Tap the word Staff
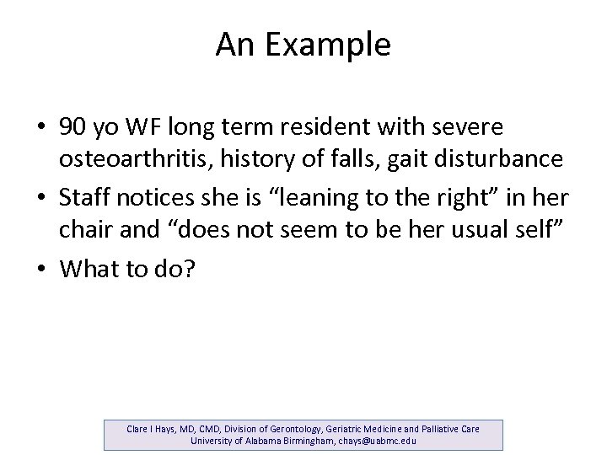click(x=82, y=196)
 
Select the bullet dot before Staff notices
click(x=40, y=196)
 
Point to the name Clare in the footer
click(x=140, y=428)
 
